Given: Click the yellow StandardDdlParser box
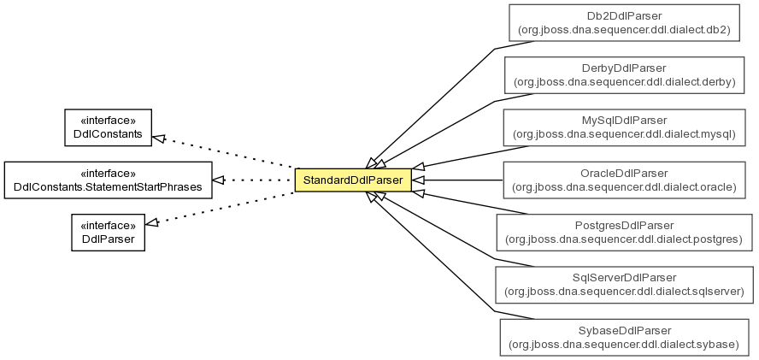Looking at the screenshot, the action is [x=353, y=180].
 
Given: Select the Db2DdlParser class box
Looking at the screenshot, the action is [x=624, y=23].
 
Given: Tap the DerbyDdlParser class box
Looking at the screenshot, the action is [x=624, y=75].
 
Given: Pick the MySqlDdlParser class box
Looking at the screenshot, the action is [x=624, y=127].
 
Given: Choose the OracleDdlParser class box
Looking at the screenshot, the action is [x=624, y=180].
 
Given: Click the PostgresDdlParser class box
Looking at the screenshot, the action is [x=624, y=233].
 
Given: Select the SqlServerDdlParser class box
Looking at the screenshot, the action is [x=624, y=285].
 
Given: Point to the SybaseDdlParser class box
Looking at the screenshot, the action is [x=624, y=337].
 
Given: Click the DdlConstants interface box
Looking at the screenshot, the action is [x=108, y=127].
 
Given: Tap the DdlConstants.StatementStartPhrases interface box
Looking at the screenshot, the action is [x=108, y=180].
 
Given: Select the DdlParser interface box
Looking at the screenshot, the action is [x=108, y=233].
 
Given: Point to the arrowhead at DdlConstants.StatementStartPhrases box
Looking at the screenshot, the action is [x=219, y=180].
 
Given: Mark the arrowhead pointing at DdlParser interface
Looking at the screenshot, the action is [x=152, y=222].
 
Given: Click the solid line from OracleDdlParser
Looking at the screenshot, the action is [x=457, y=180].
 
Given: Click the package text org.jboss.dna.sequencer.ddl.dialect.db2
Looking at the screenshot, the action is [x=624, y=30].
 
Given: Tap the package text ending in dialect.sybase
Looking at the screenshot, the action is [x=624, y=345].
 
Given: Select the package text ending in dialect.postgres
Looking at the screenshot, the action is [x=624, y=239].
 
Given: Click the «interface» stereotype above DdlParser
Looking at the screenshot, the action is [x=108, y=226].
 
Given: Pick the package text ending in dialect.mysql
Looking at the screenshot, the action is [x=624, y=135].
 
